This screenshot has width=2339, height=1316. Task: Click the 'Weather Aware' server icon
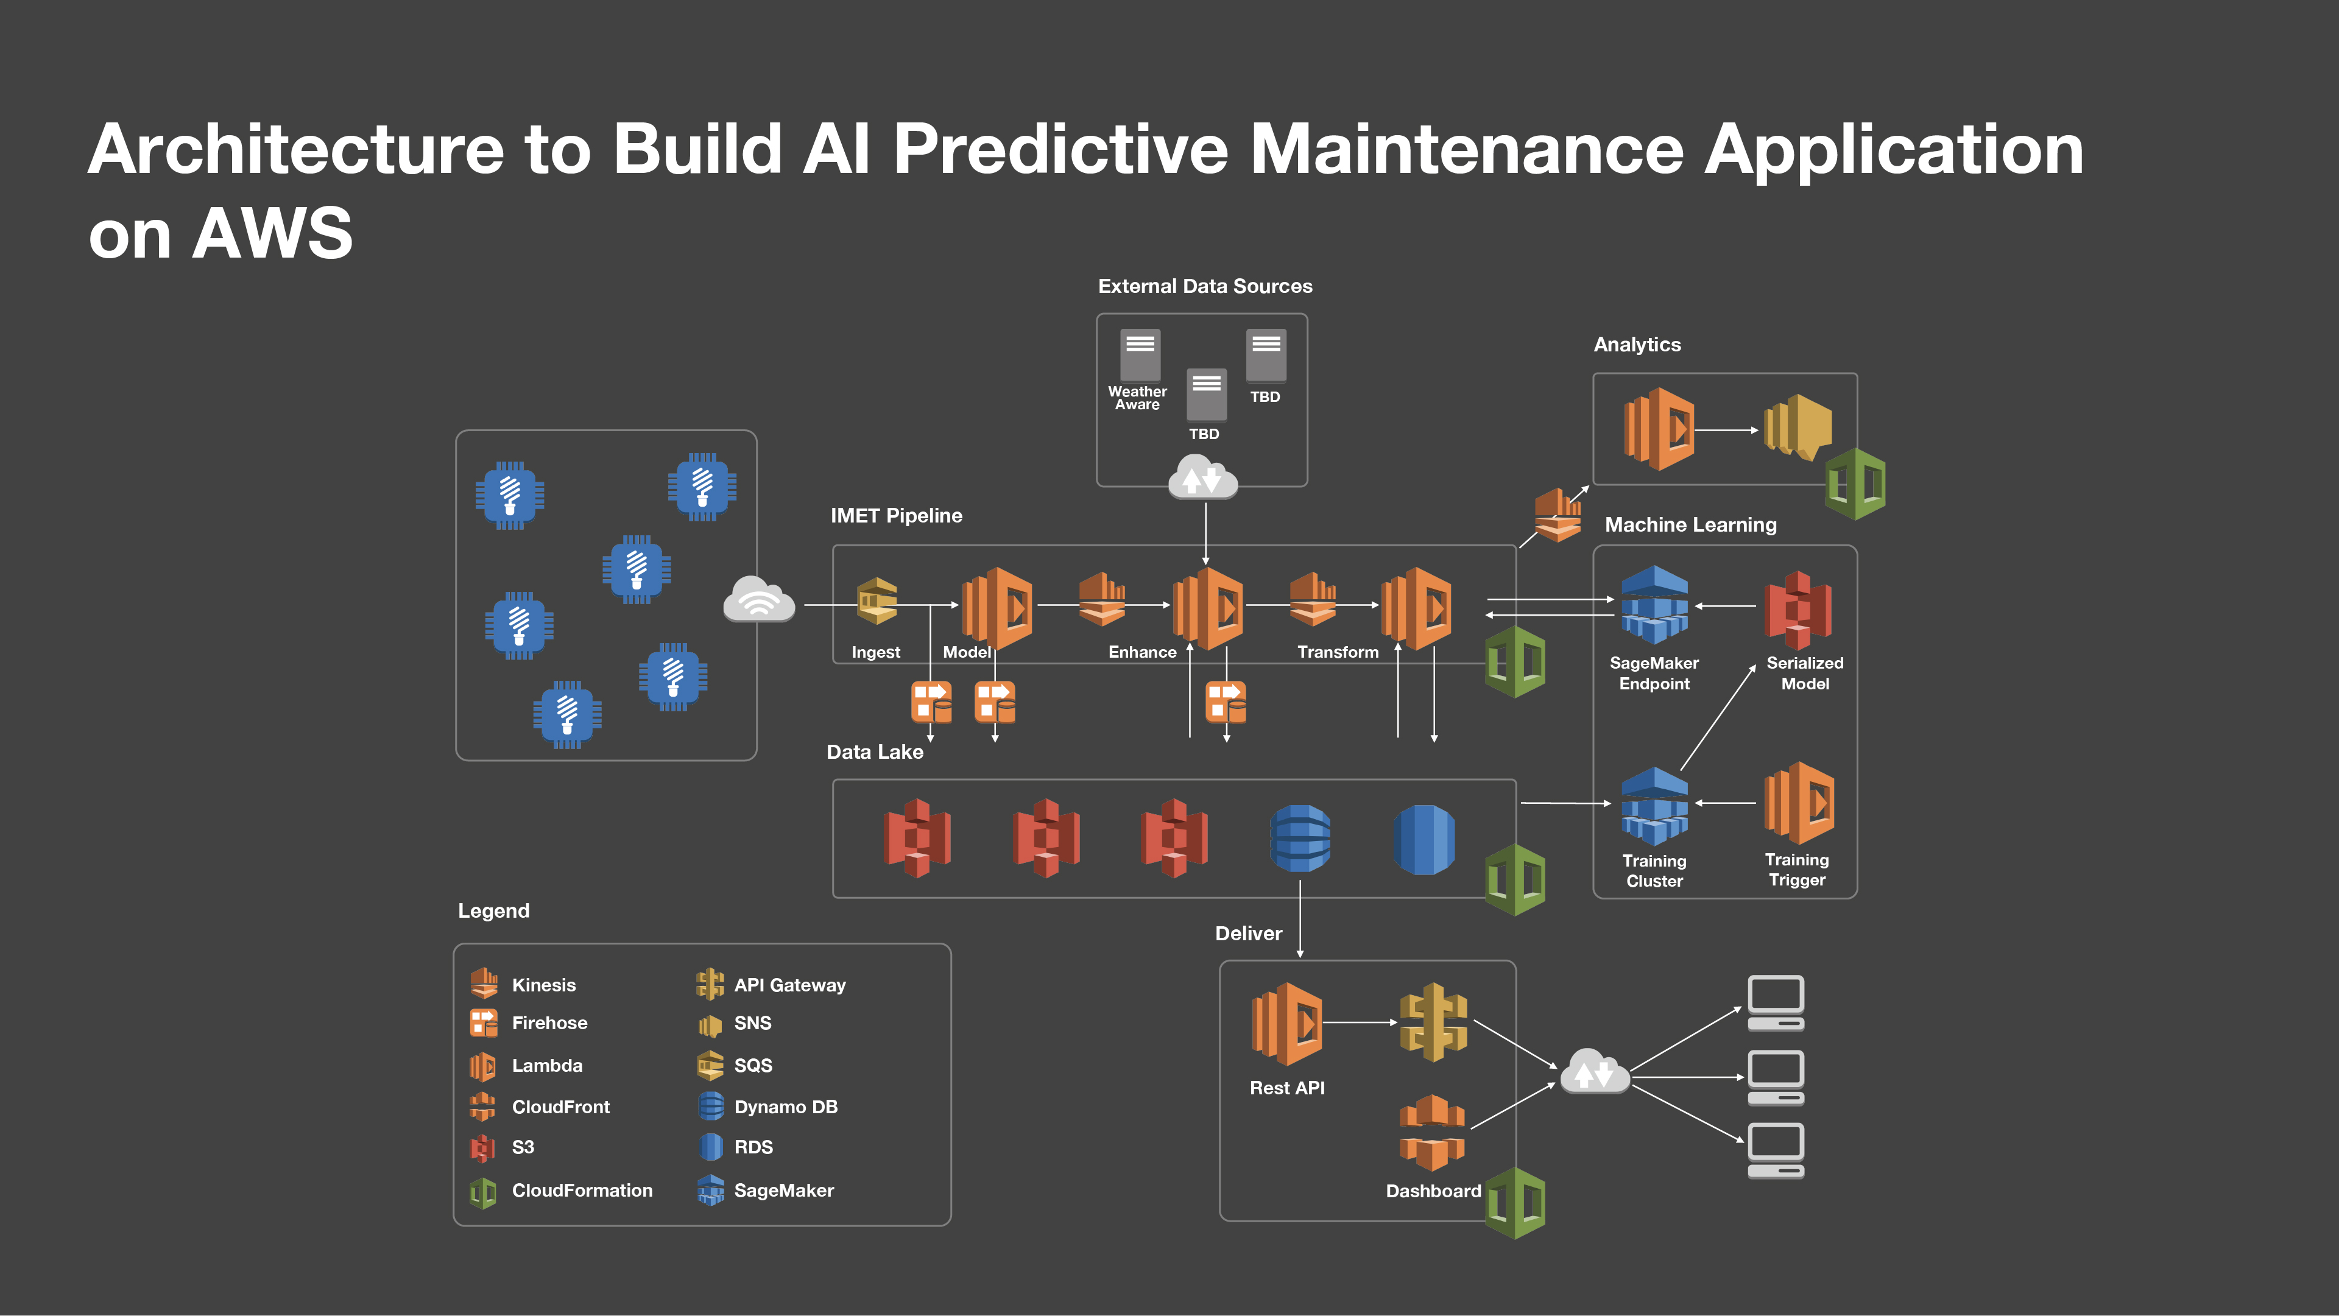pyautogui.click(x=1140, y=355)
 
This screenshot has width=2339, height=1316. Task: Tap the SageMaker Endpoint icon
pyautogui.click(x=1654, y=605)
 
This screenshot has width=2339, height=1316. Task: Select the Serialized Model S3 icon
pyautogui.click(x=1798, y=609)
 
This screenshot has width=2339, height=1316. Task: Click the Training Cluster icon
pyautogui.click(x=1654, y=805)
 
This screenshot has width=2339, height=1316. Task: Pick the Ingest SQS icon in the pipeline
pyautogui.click(x=877, y=601)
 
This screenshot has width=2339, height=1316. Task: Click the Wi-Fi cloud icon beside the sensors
pyautogui.click(x=759, y=599)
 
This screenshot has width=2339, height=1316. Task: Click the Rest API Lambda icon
pyautogui.click(x=1286, y=1023)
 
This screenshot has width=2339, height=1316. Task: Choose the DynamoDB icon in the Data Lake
pyautogui.click(x=1300, y=839)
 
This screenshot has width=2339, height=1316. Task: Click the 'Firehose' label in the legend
pyautogui.click(x=549, y=1023)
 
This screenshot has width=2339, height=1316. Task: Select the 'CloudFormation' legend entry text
pyautogui.click(x=582, y=1191)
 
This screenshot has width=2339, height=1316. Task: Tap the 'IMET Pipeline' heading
pyautogui.click(x=896, y=516)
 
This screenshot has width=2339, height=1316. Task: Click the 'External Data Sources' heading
pyautogui.click(x=1205, y=286)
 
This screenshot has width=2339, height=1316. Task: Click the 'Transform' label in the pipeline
pyautogui.click(x=1338, y=652)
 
